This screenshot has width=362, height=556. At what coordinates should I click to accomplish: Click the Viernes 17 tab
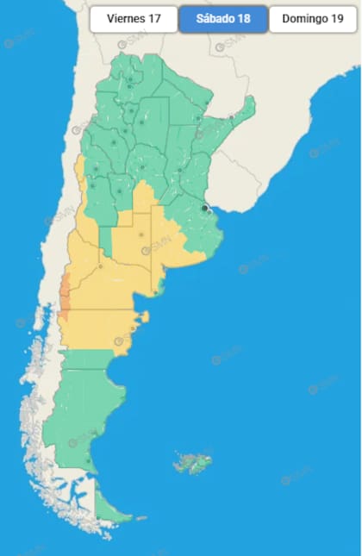pos(134,19)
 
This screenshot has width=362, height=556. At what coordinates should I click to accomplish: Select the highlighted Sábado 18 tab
pos(223,19)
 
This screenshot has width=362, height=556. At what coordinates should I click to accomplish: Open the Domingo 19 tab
pos(313,19)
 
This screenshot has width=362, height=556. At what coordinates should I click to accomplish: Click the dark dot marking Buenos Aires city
pos(205,208)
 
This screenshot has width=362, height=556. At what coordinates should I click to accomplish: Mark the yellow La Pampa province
pos(134,246)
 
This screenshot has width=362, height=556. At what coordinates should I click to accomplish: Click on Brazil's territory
pos(293,86)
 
